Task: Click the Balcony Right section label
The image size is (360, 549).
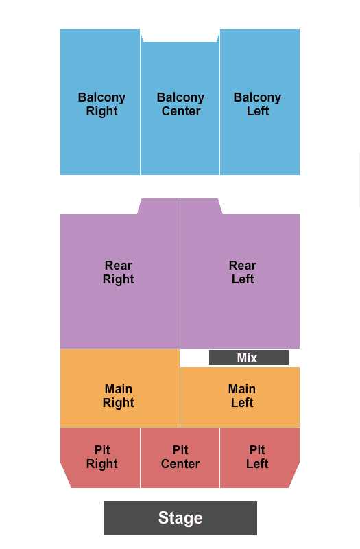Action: pyautogui.click(x=101, y=104)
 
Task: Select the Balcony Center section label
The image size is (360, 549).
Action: pyautogui.click(x=180, y=104)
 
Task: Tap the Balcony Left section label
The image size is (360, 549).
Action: pyautogui.click(x=258, y=104)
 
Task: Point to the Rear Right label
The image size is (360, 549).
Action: pyautogui.click(x=118, y=272)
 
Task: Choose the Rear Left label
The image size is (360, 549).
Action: pyautogui.click(x=243, y=272)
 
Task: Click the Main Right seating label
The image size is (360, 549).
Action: pyautogui.click(x=118, y=396)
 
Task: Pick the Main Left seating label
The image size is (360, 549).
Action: pyautogui.click(x=242, y=396)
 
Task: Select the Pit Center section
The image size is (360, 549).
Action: pyautogui.click(x=180, y=458)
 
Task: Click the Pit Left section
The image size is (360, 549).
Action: pyautogui.click(x=259, y=458)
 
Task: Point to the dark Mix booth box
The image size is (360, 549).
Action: pyautogui.click(x=249, y=358)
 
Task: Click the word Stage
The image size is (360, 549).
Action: pyautogui.click(x=180, y=518)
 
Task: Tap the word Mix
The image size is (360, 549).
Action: pyautogui.click(x=247, y=358)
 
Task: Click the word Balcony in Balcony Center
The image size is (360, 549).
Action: pyautogui.click(x=180, y=97)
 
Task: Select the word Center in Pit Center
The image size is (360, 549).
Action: pyautogui.click(x=180, y=464)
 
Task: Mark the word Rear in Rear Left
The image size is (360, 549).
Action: pyautogui.click(x=243, y=266)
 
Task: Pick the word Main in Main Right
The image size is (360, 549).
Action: pyautogui.click(x=118, y=389)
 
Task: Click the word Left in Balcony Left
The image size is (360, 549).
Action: pyautogui.click(x=258, y=111)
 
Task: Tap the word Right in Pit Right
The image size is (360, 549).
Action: pyautogui.click(x=101, y=464)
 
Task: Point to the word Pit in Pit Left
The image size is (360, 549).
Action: pyautogui.click(x=257, y=450)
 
